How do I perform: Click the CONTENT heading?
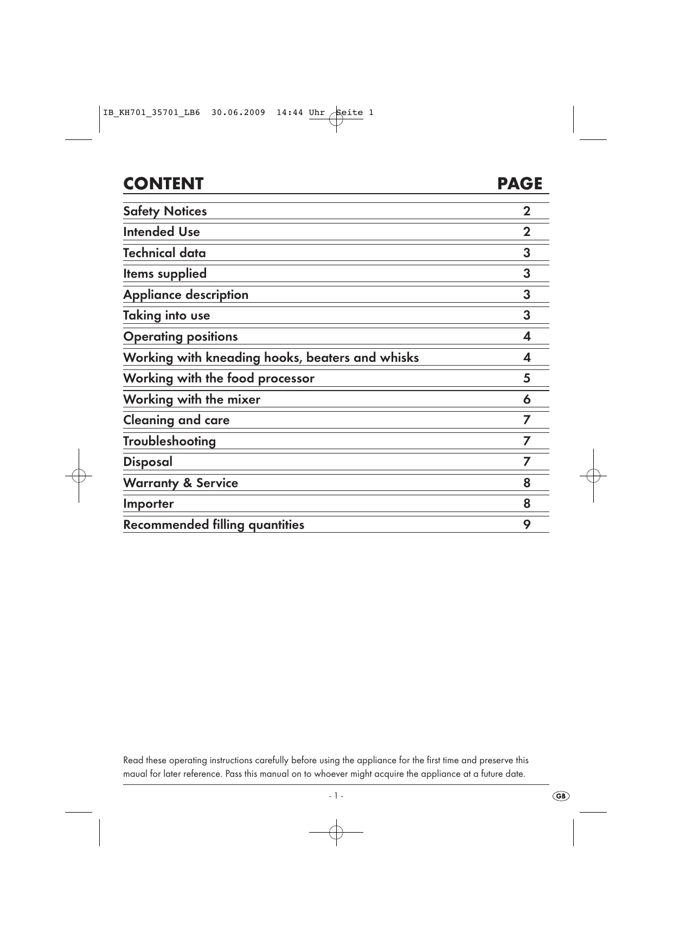tap(163, 184)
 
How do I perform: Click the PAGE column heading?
tap(520, 184)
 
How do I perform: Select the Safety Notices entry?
tap(165, 211)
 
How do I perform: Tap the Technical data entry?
tap(164, 253)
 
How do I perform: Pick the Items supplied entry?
tap(165, 273)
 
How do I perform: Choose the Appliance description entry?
tap(185, 295)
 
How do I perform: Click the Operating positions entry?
tap(180, 336)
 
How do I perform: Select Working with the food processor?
tap(219, 378)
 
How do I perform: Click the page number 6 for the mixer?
tap(527, 399)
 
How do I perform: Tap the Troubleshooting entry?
tap(169, 441)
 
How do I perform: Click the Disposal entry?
tap(148, 462)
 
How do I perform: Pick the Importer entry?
tap(148, 503)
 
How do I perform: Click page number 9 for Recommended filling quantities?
tap(527, 525)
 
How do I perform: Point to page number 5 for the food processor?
tap(527, 378)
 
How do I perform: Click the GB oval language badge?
tap(561, 796)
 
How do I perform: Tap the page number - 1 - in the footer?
tap(336, 796)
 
